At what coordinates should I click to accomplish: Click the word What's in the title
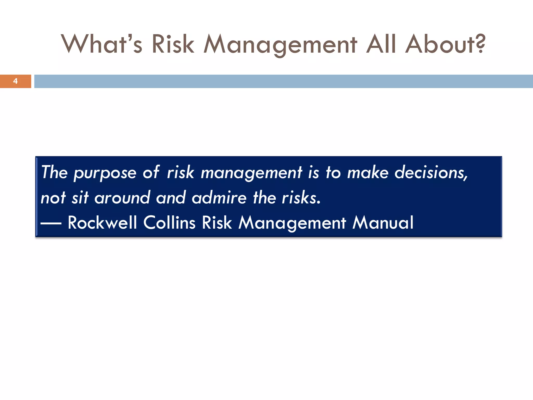101,44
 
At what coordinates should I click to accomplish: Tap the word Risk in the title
173,44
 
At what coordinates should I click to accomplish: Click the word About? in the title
445,44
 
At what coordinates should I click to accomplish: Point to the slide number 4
15,81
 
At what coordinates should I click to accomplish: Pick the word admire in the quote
219,197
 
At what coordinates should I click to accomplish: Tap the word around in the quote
122,197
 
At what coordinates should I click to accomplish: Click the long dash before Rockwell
51,223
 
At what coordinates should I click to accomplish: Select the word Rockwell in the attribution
102,223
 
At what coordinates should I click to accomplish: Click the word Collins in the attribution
169,223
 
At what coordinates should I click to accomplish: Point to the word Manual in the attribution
383,223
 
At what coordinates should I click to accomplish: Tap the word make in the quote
368,172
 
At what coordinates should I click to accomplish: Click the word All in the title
381,44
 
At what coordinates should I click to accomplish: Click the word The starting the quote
54,172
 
